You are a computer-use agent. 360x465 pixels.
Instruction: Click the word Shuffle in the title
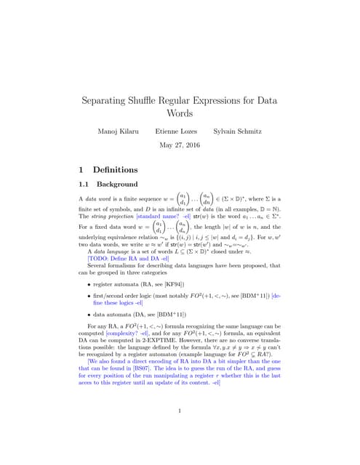[162, 100]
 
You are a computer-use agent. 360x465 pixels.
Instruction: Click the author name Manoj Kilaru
[119, 131]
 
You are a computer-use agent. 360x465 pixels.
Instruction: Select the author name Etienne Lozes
[177, 131]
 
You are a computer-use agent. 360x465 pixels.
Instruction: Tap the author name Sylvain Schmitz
[236, 131]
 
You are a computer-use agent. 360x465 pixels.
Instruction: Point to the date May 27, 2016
[179, 145]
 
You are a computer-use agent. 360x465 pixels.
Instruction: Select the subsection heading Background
[117, 185]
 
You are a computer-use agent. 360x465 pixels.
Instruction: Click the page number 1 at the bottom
[179, 411]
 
